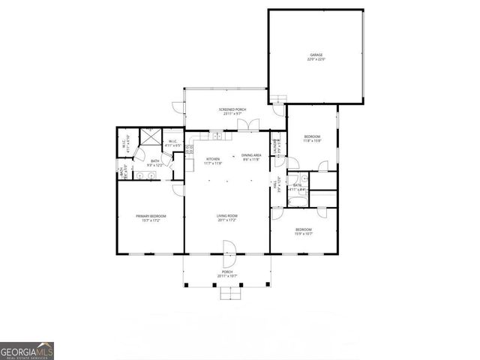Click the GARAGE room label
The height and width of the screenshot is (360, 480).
coord(316,55)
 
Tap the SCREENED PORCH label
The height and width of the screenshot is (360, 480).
coord(232,110)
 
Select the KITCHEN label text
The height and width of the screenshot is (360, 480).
coord(212,159)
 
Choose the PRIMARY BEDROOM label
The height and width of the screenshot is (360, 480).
coord(151,217)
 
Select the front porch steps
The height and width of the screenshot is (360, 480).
coord(232,293)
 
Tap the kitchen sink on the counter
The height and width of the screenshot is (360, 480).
coord(215,136)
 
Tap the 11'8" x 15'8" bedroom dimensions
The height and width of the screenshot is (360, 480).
coord(312,140)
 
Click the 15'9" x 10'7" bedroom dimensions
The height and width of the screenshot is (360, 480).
coord(303,233)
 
